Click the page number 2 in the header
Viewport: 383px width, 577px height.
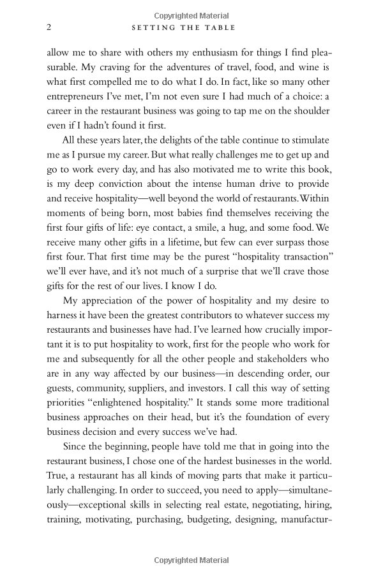point(49,27)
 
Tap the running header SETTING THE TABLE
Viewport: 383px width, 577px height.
point(183,27)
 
